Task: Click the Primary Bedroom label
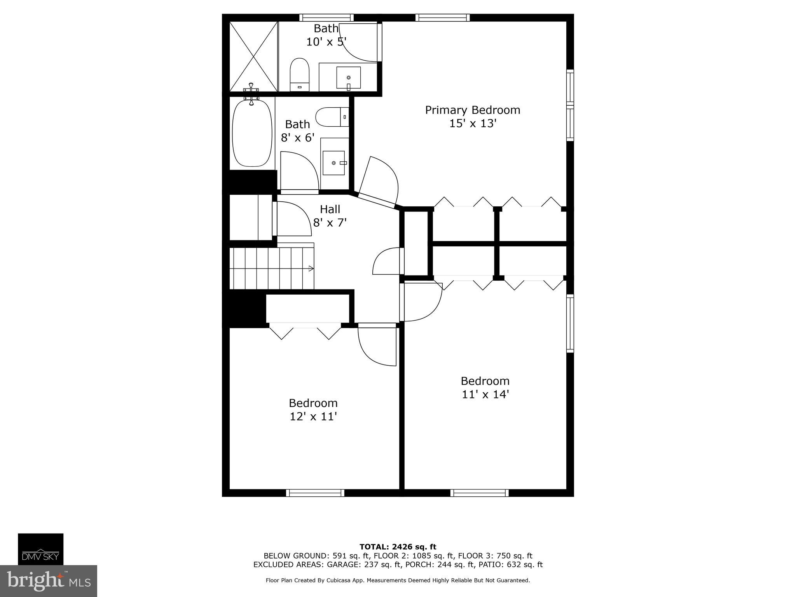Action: (x=473, y=110)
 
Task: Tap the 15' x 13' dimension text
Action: (x=473, y=124)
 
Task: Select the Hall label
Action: (x=330, y=209)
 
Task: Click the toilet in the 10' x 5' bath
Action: (x=299, y=75)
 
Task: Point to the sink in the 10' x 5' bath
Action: (x=348, y=78)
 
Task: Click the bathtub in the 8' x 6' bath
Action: (x=252, y=133)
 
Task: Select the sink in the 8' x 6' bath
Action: (x=334, y=163)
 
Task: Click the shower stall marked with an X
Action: (x=253, y=57)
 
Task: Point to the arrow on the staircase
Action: (x=311, y=268)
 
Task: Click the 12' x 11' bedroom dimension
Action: (x=313, y=417)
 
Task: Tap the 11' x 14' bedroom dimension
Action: (x=485, y=395)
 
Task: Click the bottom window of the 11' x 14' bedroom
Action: (x=480, y=493)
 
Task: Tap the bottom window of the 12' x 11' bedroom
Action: (x=315, y=493)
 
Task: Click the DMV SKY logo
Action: (x=40, y=549)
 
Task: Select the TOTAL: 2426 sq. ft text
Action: (x=398, y=547)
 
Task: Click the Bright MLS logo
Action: (x=49, y=581)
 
